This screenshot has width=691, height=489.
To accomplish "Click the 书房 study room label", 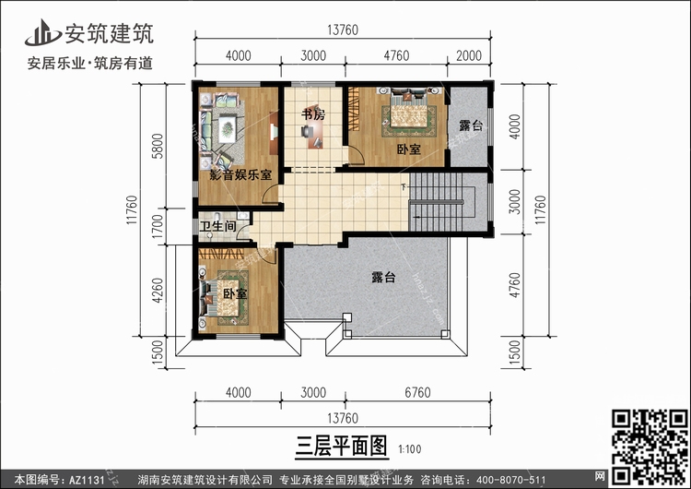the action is (x=313, y=114).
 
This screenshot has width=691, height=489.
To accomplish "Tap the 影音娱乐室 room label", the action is (x=240, y=174).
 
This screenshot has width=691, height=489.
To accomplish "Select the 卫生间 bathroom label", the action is (x=217, y=226).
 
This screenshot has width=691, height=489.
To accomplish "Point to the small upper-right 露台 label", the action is (x=471, y=125).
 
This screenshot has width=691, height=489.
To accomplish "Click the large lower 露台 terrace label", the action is (x=383, y=277).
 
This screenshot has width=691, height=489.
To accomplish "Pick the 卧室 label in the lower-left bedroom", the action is (x=234, y=293).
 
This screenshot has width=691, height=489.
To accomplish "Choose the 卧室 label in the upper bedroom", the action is (x=408, y=149).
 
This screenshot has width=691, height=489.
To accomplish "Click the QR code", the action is (x=650, y=447).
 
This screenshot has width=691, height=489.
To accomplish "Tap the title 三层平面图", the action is (x=342, y=446).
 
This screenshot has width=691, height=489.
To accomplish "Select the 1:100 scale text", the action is (x=410, y=449).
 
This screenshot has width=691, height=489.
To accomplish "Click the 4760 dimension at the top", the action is (x=396, y=55).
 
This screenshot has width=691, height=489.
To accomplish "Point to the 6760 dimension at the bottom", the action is (x=417, y=392).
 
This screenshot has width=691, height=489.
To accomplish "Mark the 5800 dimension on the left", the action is (x=158, y=146).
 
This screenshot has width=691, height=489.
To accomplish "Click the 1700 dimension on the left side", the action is (x=158, y=226).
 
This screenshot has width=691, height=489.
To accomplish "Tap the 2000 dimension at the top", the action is (x=469, y=55).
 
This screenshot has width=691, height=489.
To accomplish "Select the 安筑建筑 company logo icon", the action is (x=41, y=32).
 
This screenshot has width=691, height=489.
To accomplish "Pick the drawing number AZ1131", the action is (x=87, y=480).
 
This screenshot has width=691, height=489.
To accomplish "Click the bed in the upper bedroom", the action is (x=409, y=112).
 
